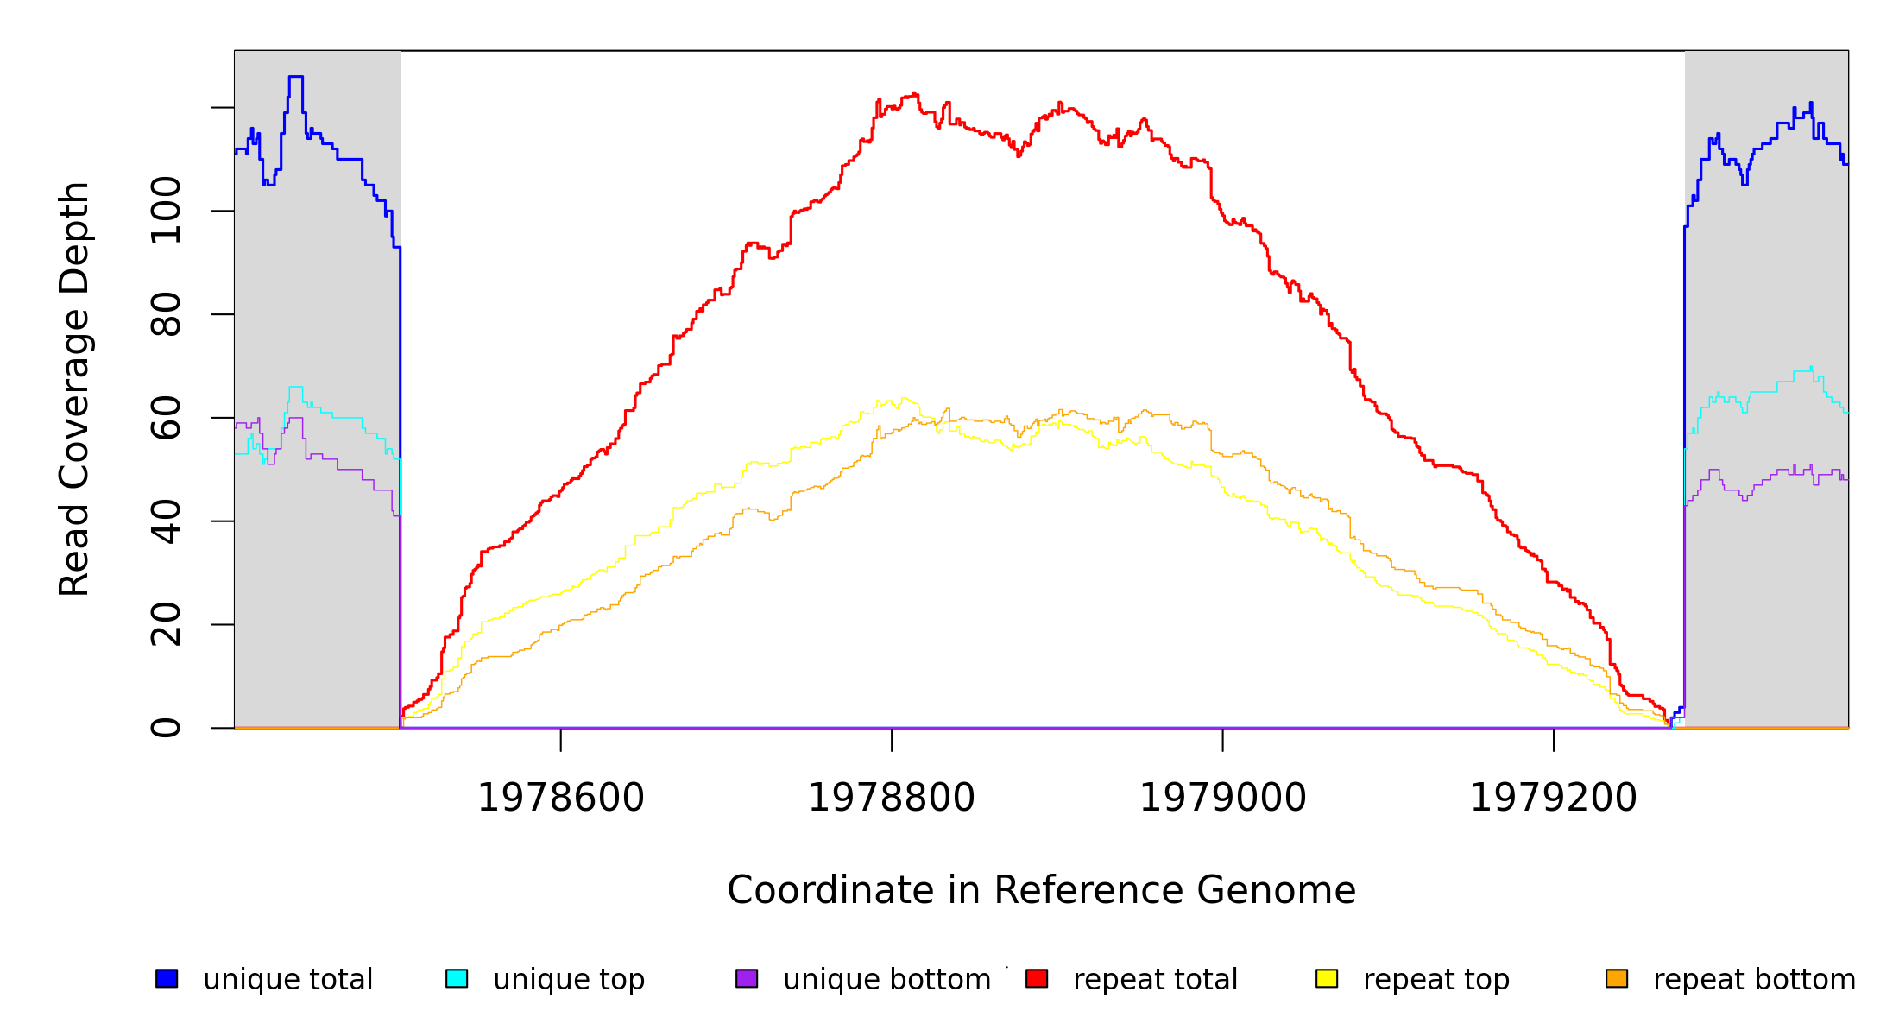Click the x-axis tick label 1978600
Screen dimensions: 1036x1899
click(x=561, y=799)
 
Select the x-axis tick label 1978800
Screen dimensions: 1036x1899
click(x=892, y=799)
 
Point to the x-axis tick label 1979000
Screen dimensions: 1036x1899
click(x=1223, y=799)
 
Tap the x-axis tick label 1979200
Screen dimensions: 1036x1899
click(x=1554, y=799)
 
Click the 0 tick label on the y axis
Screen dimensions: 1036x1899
click(x=166, y=728)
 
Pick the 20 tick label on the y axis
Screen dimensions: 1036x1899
click(x=166, y=624)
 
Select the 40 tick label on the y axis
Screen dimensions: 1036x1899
click(x=166, y=521)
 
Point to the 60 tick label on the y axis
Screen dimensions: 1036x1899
click(x=166, y=418)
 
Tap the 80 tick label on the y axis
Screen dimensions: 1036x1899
click(x=166, y=314)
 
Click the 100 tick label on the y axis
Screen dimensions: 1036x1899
click(x=166, y=211)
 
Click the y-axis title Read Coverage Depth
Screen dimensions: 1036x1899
click(x=74, y=388)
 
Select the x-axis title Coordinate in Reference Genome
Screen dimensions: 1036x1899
click(x=1041, y=891)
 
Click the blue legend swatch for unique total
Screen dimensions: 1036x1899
click(x=167, y=978)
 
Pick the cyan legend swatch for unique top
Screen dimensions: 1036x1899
click(x=457, y=978)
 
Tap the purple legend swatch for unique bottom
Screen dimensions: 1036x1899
click(x=747, y=978)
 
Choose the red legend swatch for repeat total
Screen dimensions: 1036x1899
click(x=1037, y=978)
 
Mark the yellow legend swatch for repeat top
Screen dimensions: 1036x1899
click(x=1327, y=978)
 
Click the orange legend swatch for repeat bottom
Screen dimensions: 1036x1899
click(x=1617, y=978)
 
